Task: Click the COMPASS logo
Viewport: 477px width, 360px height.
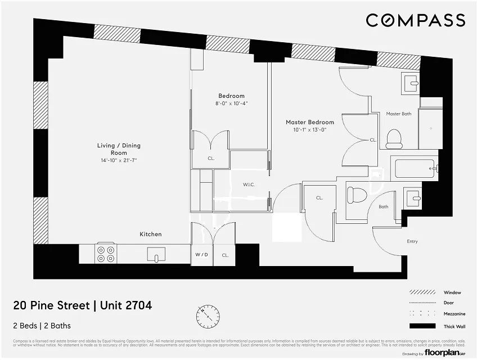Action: [415, 20]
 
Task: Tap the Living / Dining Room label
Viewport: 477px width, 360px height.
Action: [118, 149]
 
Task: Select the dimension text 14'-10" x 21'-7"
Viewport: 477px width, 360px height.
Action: [118, 160]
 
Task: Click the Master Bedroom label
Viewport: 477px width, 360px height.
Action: [309, 122]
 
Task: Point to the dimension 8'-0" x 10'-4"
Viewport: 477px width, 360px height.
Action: [231, 103]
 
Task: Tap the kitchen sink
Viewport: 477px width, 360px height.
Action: [156, 255]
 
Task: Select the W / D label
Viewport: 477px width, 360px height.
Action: [201, 255]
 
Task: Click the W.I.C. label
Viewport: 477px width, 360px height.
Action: [250, 184]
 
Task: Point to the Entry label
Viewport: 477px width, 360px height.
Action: [412, 241]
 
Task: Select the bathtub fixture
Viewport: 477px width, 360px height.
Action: [414, 168]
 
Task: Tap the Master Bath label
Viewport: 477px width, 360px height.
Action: [398, 114]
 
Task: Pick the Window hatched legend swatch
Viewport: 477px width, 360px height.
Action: [422, 292]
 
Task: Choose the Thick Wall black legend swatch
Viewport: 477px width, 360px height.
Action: [422, 326]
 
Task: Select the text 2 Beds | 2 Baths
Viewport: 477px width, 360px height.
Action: [42, 326]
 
